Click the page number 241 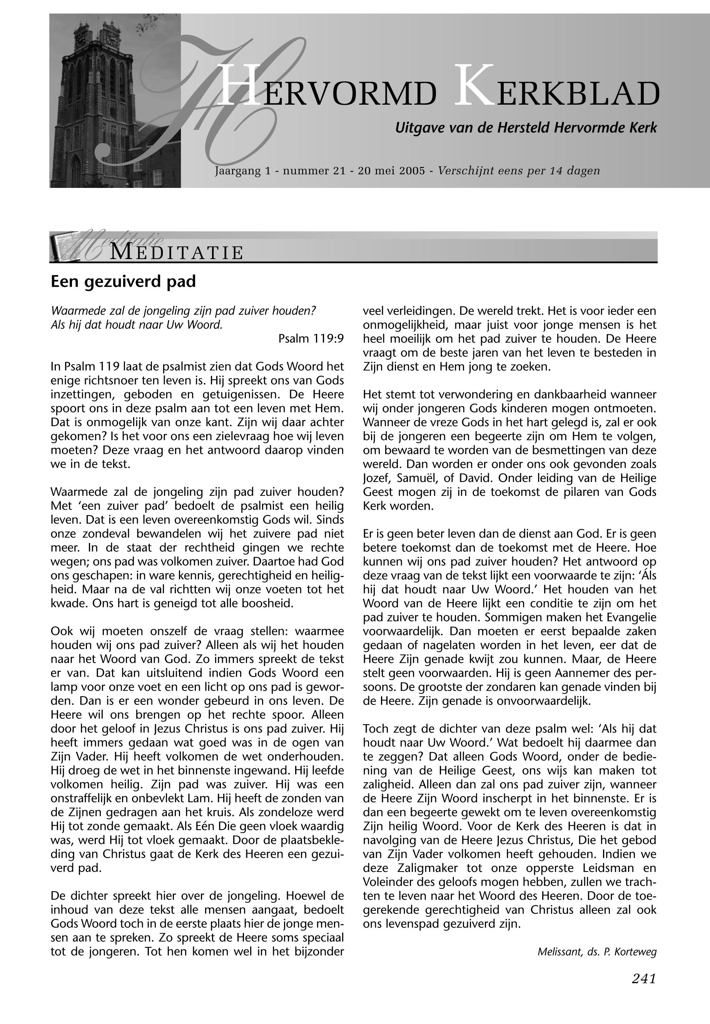644,979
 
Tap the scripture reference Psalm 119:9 311,339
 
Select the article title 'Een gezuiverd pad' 123,282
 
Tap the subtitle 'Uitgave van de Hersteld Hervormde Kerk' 526,128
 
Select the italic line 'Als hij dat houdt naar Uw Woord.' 137,325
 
